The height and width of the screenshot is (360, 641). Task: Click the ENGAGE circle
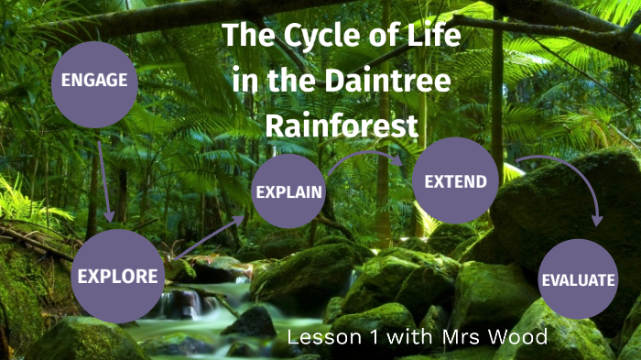pos(94,81)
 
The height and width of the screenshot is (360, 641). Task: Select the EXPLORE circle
pos(119,276)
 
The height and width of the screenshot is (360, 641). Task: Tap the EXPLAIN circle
pos(288,191)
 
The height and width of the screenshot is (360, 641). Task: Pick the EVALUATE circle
pos(577,279)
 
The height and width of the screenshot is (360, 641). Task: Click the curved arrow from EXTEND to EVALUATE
pos(568,179)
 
